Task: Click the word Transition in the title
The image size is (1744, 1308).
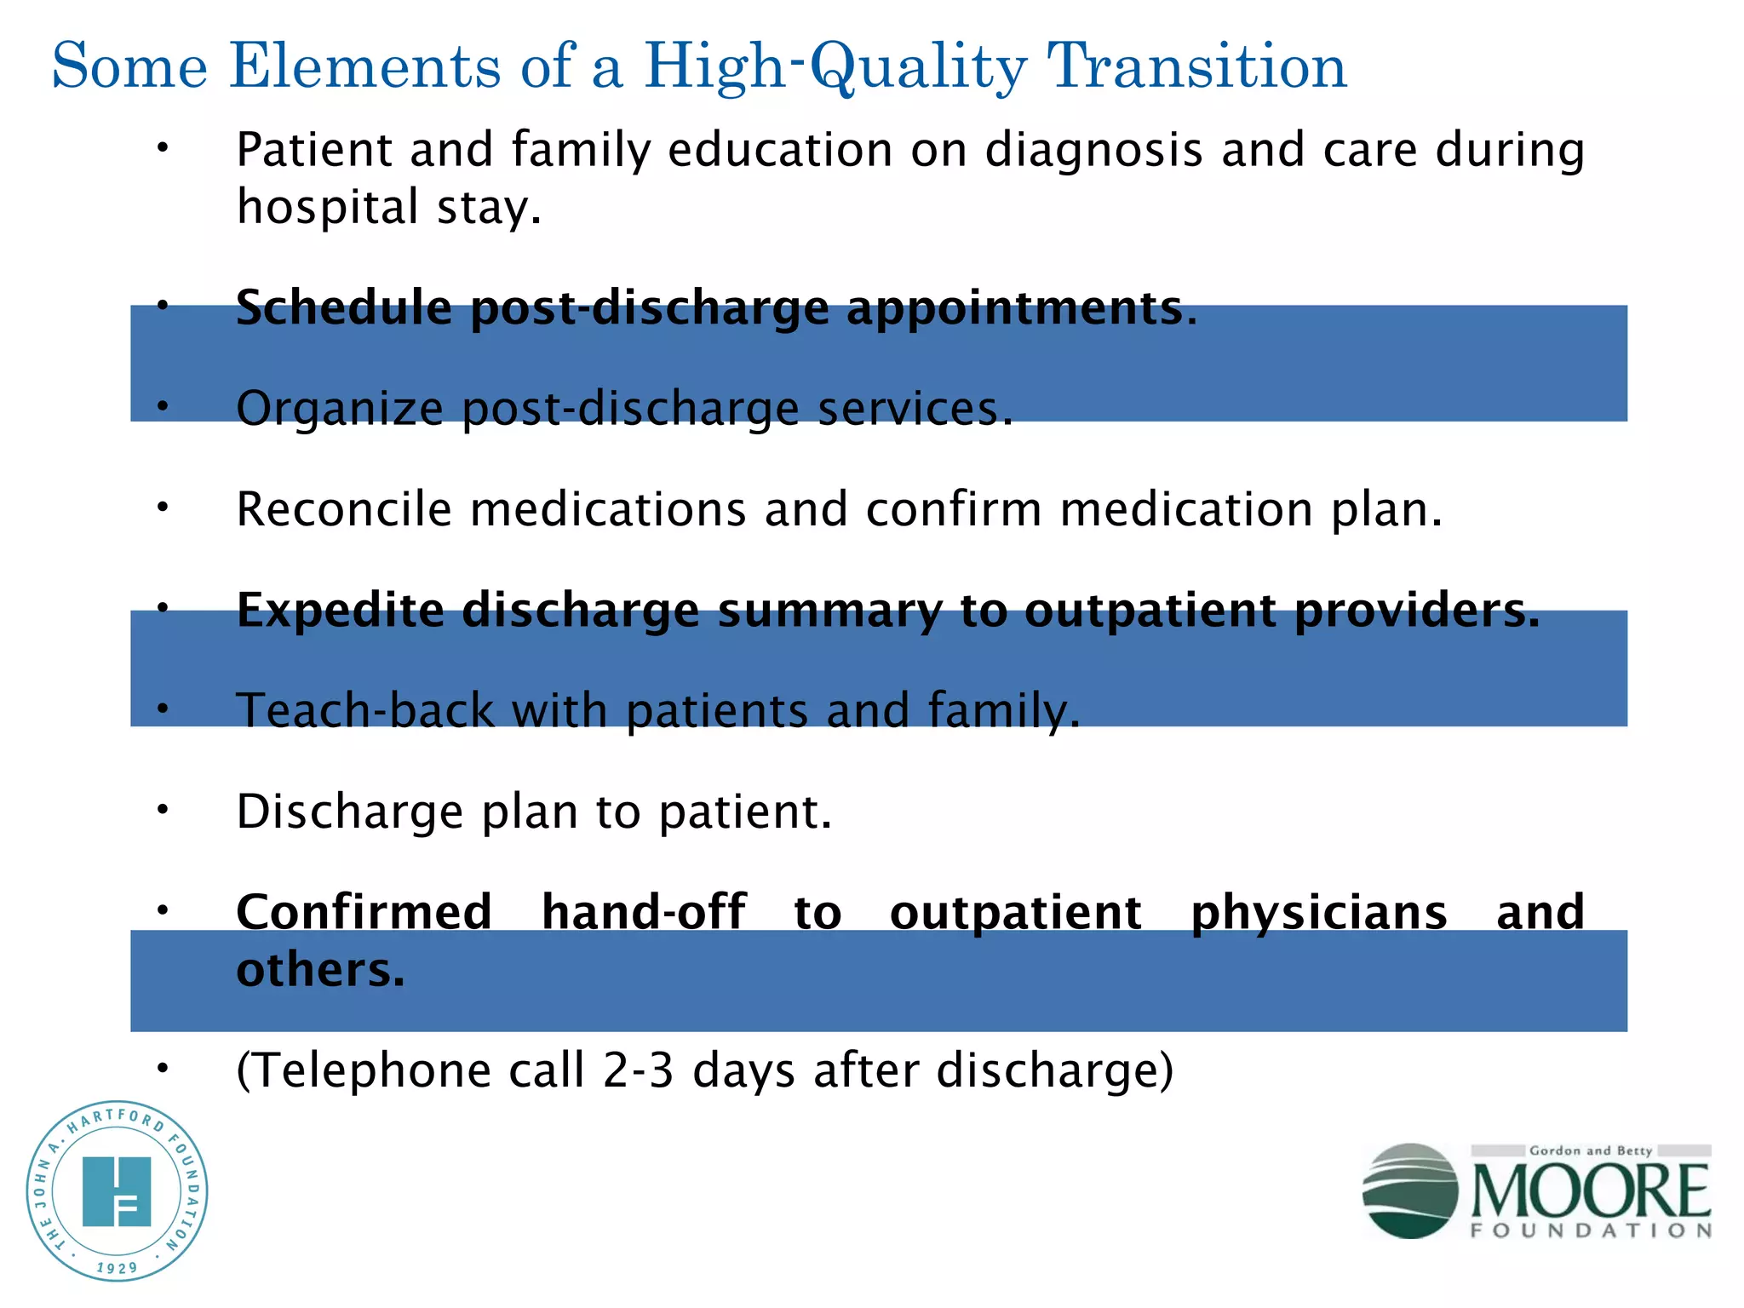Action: (x=1196, y=66)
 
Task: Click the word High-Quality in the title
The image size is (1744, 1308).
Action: (x=835, y=66)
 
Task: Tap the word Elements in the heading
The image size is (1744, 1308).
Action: (x=364, y=66)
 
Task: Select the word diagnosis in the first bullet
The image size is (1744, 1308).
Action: (x=1093, y=150)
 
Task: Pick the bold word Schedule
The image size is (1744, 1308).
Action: (x=343, y=307)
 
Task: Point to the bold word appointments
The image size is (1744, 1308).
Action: (x=1021, y=307)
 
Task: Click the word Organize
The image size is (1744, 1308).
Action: (x=339, y=409)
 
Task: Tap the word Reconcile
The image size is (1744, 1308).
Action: (x=343, y=509)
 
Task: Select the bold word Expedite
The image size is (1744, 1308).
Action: (x=340, y=610)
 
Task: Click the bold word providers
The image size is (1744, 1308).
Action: (x=1417, y=610)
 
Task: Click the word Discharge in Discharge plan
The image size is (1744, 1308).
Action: (x=349, y=812)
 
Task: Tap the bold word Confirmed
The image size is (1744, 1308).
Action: (x=364, y=912)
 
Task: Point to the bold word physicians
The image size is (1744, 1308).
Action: (x=1318, y=912)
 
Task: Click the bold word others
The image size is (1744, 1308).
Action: (x=320, y=970)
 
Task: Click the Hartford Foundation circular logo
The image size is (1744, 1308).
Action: (x=117, y=1190)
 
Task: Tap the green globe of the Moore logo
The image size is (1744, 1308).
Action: (x=1409, y=1190)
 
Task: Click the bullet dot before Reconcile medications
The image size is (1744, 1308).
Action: (x=163, y=508)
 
